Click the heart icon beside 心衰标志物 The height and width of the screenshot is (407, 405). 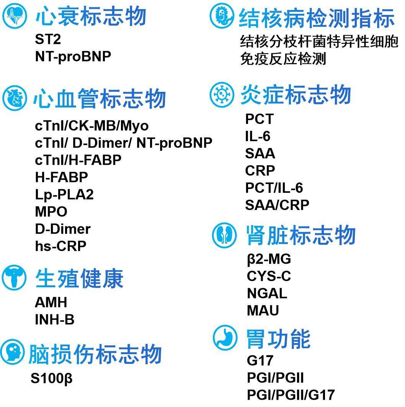[15, 16]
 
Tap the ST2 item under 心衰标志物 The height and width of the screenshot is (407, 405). [48, 39]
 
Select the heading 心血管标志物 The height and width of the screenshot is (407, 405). [100, 98]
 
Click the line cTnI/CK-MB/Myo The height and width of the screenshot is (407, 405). [91, 125]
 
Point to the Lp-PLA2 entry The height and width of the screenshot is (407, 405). [64, 194]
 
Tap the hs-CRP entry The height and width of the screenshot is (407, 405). [60, 246]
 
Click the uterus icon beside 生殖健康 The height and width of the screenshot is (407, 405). [14, 278]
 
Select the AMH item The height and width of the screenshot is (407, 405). [51, 302]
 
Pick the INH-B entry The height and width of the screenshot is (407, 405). [54, 319]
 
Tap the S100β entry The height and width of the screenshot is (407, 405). [52, 379]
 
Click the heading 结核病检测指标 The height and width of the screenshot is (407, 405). [316, 18]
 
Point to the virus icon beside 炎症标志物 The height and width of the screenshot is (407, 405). [222, 94]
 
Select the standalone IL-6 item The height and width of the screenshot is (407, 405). [258, 136]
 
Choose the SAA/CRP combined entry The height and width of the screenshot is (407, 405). [277, 205]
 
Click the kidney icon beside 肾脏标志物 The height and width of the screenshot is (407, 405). [224, 236]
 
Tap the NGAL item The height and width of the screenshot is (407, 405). [267, 293]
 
